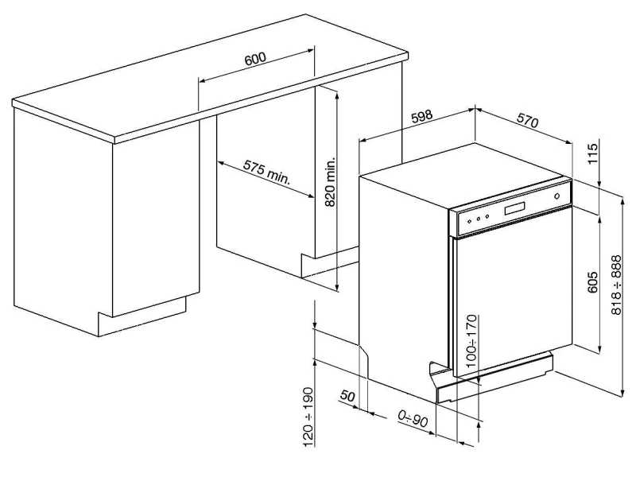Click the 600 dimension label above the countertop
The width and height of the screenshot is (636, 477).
[255, 58]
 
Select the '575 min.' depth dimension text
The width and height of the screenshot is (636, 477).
[267, 172]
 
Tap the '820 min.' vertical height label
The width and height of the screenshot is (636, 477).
[331, 182]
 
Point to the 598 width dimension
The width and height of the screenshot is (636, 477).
[422, 117]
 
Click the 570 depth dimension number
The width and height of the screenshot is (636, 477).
[528, 121]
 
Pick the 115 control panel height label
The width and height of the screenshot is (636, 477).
[592, 153]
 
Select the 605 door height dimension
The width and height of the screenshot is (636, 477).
[592, 282]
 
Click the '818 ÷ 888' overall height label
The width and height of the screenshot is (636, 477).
[616, 285]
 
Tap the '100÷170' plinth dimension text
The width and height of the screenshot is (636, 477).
[472, 341]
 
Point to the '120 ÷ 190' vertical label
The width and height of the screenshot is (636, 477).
[308, 417]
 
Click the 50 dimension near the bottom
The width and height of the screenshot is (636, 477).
[347, 395]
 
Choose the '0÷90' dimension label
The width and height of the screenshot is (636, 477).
[413, 419]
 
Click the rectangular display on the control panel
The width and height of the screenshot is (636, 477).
[515, 208]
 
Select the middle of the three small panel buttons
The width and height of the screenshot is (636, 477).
[479, 219]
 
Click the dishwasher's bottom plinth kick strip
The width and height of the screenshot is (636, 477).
[494, 378]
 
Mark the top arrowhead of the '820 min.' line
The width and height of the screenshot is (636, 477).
[336, 93]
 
